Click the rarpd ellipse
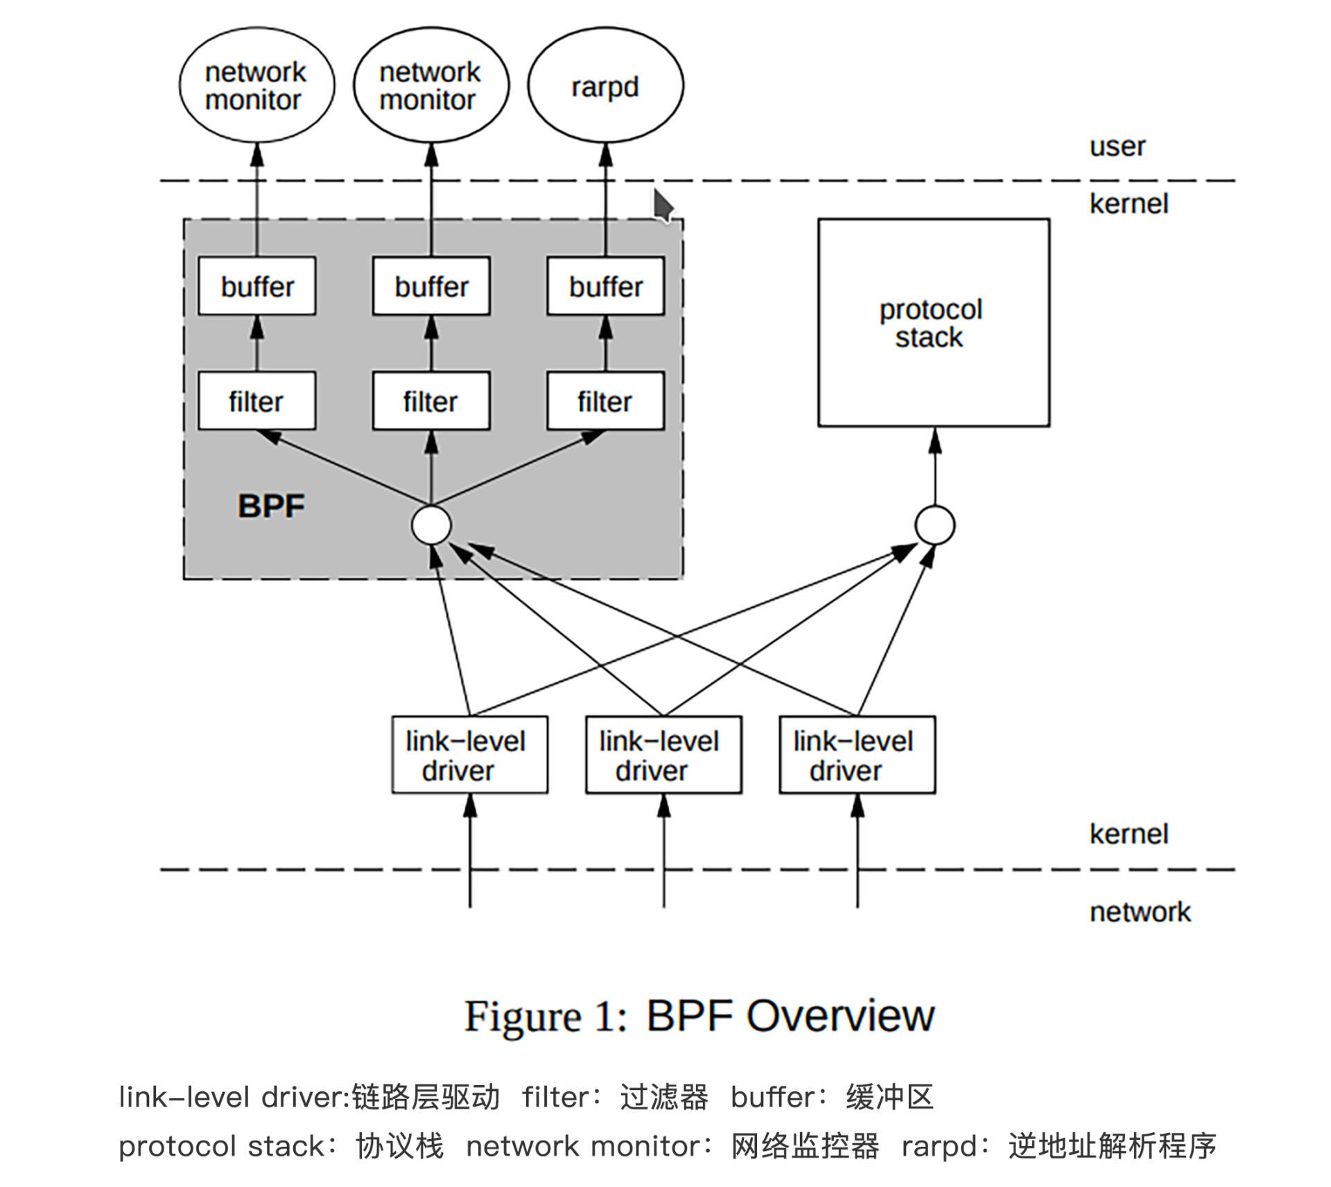point(605,86)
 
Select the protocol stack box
point(933,323)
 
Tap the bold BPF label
point(271,506)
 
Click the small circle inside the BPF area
point(431,525)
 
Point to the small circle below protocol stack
point(934,525)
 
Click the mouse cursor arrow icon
point(663,206)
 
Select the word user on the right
point(1117,147)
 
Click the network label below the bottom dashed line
point(1140,912)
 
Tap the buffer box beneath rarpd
point(605,286)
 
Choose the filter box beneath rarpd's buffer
point(605,401)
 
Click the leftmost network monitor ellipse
point(256,86)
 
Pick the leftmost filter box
point(256,401)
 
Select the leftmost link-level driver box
point(469,755)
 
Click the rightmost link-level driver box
point(857,755)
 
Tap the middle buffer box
point(431,286)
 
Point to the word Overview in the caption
point(840,1016)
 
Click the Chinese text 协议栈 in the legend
point(399,1146)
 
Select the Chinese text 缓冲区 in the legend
point(889,1098)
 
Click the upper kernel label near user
point(1128,204)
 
